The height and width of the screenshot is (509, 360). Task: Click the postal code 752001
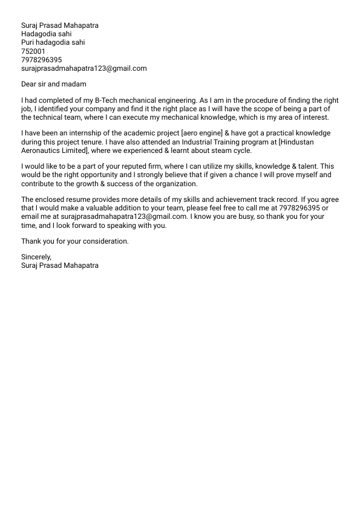click(x=33, y=51)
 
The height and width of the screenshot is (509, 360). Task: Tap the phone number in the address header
click(x=41, y=60)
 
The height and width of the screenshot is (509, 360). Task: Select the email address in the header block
click(x=83, y=68)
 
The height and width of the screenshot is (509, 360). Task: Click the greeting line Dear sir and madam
click(x=54, y=84)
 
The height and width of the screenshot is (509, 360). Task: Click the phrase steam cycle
click(x=232, y=150)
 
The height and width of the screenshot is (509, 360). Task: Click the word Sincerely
click(x=35, y=257)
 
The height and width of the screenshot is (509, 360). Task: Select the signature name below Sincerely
click(x=59, y=265)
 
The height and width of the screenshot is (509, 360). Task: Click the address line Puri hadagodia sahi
click(x=53, y=43)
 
